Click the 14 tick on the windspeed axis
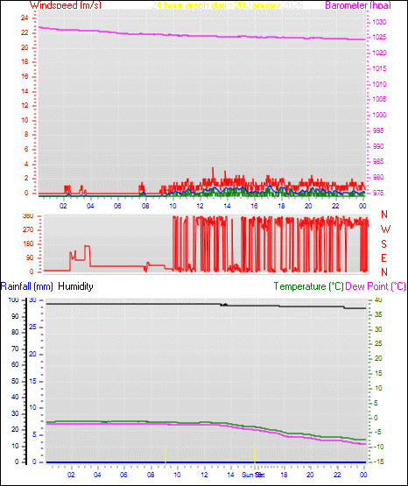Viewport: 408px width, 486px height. point(23,90)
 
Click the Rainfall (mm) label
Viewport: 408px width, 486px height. point(27,286)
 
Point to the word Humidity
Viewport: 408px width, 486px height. point(76,286)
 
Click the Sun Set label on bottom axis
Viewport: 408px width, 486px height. point(253,475)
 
